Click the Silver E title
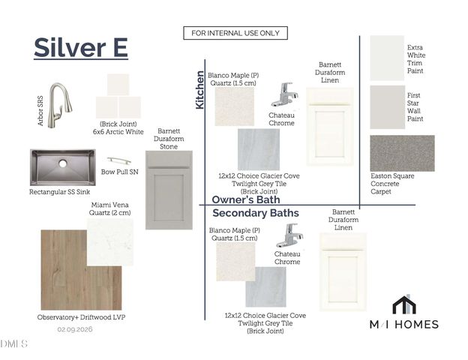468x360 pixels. pos(81,47)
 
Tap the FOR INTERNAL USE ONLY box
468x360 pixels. pos(235,33)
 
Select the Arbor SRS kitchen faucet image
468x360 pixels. pos(61,105)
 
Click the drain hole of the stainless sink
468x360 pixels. pos(63,163)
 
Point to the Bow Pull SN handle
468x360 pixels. pos(119,161)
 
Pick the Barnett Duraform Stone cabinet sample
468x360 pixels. pos(169,190)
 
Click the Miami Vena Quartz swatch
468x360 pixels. pos(110,241)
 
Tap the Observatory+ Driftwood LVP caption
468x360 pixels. pos(81,317)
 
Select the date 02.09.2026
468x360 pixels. pos(75,329)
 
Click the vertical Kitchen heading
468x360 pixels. pos(199,90)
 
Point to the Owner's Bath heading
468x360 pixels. pos(246,199)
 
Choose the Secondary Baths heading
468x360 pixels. pos(256,213)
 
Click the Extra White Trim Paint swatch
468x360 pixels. pos(387,58)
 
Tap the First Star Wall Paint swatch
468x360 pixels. pos(388,107)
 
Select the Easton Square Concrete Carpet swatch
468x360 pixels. pos(402,153)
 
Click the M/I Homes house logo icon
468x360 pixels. pos(404,304)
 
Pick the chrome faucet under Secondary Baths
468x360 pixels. pos(289,235)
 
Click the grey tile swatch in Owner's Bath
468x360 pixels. pos(259,149)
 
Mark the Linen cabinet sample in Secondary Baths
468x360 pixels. pos(343,272)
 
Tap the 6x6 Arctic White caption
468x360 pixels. pos(118,132)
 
